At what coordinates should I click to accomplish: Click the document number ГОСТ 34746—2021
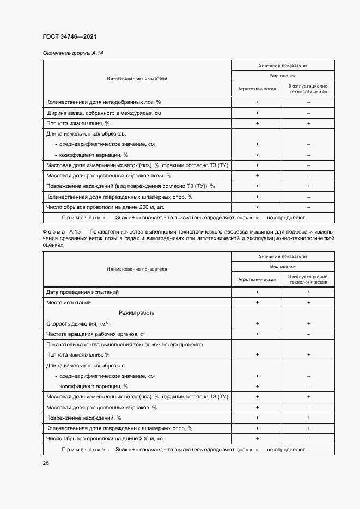[70, 37]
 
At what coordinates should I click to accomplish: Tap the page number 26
[46, 463]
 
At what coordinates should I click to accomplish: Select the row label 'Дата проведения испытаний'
[82, 292]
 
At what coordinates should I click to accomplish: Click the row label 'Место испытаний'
[69, 302]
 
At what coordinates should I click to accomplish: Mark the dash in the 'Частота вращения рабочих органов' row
[308, 333]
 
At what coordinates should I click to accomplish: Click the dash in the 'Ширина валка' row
[308, 113]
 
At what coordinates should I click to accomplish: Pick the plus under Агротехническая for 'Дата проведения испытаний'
[257, 292]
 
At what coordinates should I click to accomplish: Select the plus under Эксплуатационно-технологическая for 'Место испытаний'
[308, 302]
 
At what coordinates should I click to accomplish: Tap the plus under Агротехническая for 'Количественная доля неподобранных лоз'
[257, 102]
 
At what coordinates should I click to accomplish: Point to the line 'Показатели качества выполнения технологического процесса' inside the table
[125, 345]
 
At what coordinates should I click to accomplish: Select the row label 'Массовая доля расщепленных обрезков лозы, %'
[109, 175]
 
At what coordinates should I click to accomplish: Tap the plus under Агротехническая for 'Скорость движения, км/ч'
[257, 323]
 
